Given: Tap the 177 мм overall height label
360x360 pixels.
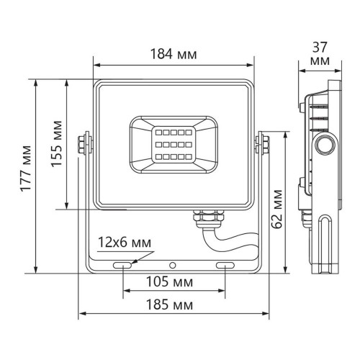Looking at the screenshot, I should [24, 176].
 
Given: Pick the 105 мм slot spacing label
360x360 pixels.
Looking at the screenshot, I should [174, 280].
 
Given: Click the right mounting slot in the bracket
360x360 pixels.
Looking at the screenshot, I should [225, 266].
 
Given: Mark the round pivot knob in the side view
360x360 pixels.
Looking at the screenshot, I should [322, 144].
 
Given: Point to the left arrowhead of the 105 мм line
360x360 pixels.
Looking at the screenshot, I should [127, 291].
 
